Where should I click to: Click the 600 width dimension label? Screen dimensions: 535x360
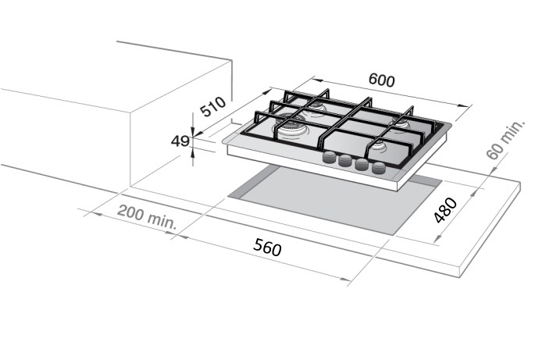coord(382,80)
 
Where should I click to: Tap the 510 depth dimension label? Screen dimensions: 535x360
coord(212,106)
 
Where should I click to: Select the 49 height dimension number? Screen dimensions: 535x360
coord(180,141)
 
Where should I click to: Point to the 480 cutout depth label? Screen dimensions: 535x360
coord(445,211)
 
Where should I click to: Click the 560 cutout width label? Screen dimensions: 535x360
coord(267,247)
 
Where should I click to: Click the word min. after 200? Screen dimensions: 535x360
coord(162,221)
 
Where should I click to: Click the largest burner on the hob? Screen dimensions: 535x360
coord(289,127)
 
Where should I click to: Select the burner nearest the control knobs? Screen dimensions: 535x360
coord(377,147)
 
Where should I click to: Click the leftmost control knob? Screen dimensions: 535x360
coord(330,157)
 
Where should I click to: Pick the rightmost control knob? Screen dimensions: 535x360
coord(379,167)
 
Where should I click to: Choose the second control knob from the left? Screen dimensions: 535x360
coord(345,160)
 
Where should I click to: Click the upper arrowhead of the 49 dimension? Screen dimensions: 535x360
coord(193,132)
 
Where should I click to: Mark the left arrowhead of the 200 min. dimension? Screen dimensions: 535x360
coord(97,214)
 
